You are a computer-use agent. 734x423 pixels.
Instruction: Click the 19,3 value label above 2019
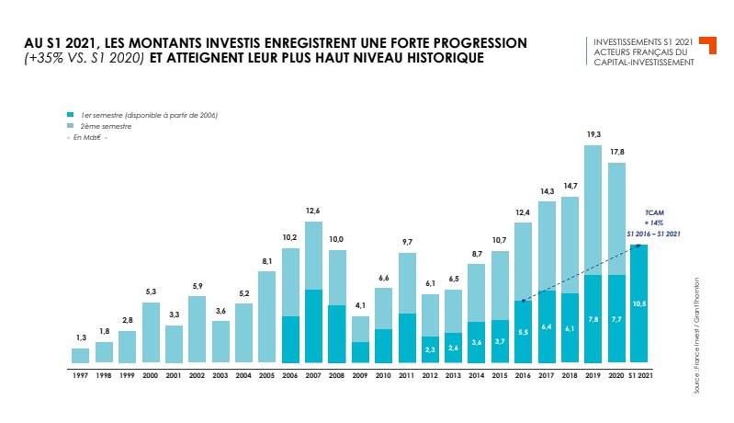(593, 134)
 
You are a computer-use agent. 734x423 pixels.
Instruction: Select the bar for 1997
(81, 355)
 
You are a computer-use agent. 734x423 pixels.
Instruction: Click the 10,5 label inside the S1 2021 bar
(640, 303)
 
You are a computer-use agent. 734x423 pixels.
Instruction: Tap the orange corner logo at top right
(707, 45)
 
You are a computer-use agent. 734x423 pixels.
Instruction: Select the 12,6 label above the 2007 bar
(314, 211)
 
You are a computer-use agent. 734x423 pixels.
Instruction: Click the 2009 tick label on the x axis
(361, 375)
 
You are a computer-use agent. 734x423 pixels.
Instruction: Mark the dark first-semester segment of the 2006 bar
(290, 339)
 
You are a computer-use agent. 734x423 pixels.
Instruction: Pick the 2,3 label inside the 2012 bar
(430, 350)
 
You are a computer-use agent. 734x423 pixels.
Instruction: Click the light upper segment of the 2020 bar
(616, 218)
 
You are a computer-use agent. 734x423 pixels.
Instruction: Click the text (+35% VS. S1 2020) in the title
(84, 59)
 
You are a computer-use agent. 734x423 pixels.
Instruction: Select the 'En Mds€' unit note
(90, 136)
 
